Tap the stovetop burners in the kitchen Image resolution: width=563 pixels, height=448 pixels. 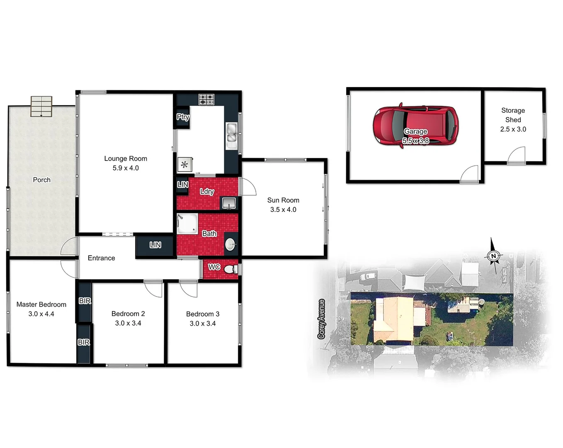(206, 100)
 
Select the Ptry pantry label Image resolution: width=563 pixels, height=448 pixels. (183, 117)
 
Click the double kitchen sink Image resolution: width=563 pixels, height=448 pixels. (231, 136)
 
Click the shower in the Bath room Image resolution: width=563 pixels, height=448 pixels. (187, 224)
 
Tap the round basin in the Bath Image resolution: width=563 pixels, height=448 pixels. (231, 244)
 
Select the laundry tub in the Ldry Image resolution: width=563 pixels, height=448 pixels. (229, 203)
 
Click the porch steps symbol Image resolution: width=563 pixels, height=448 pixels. (41, 107)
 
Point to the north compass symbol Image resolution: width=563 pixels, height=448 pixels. (493, 256)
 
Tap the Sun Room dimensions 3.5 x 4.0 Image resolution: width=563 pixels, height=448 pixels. (283, 210)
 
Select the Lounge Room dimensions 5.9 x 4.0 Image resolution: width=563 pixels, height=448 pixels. (126, 168)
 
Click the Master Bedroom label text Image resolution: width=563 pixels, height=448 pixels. (41, 304)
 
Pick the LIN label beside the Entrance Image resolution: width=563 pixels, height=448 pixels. (155, 245)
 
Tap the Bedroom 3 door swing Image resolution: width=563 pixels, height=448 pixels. (189, 289)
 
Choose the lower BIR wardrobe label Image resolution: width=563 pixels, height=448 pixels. (84, 342)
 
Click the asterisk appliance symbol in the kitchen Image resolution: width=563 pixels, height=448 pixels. (184, 165)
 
